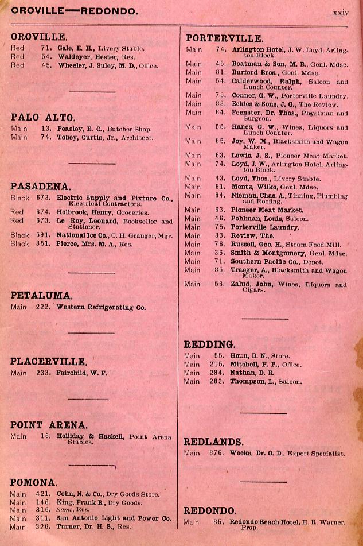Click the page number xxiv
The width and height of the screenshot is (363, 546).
341,11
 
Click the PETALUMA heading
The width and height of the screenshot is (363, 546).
41,296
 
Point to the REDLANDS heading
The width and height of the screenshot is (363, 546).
213,442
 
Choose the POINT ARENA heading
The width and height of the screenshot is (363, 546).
49,425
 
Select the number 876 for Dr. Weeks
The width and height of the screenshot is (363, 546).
216,453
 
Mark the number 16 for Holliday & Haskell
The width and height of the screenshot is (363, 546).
46,437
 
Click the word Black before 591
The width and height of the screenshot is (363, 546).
19,235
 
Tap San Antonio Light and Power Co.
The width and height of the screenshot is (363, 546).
114,518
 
